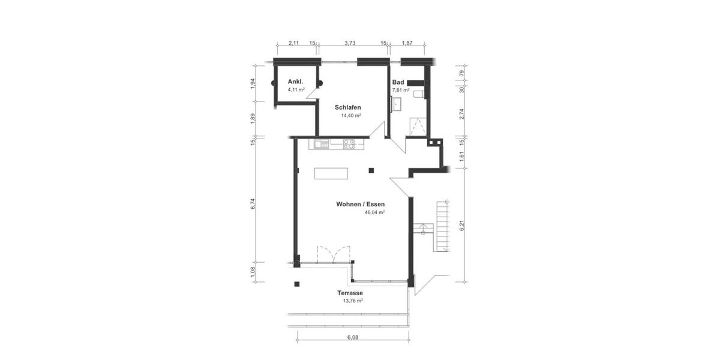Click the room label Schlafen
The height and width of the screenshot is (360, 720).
click(x=348, y=107)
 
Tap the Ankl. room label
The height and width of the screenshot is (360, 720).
click(x=295, y=82)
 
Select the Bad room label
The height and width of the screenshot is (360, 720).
click(x=398, y=83)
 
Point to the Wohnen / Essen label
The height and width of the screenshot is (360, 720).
click(x=360, y=204)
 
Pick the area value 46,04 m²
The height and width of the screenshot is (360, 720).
click(x=374, y=212)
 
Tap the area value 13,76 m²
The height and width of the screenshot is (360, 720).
click(x=353, y=301)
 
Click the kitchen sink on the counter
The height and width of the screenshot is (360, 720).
click(x=319, y=144)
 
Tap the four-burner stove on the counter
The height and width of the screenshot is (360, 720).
click(x=349, y=144)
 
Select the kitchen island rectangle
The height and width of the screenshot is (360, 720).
click(x=331, y=173)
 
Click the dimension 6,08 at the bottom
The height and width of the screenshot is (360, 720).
click(x=353, y=337)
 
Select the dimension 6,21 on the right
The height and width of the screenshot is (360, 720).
click(x=462, y=226)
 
